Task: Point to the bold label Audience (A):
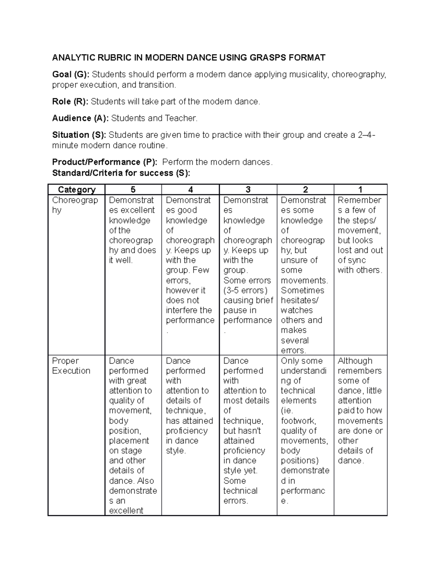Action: pos(80,118)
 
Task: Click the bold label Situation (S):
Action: pos(79,135)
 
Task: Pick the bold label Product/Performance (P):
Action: pos(105,162)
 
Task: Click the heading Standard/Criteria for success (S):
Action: pos(121,173)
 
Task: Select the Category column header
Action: pos(77,190)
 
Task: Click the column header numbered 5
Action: pos(133,190)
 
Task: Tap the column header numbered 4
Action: pos(191,190)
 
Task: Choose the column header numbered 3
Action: pos(248,190)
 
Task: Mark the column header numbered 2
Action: pos(305,190)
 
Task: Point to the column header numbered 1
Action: pos(360,190)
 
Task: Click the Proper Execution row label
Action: pos(71,366)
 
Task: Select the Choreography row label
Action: pos(75,205)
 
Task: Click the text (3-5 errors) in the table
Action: pos(245,291)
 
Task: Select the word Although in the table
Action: pos(355,361)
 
